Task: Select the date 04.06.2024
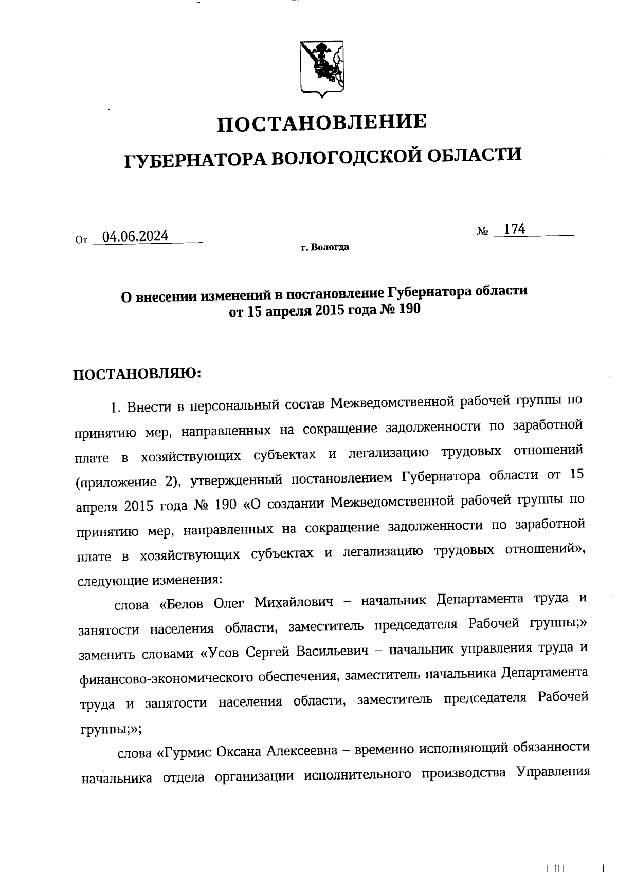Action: pyautogui.click(x=135, y=236)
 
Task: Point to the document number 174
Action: pyautogui.click(x=514, y=229)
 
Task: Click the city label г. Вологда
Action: pyautogui.click(x=325, y=248)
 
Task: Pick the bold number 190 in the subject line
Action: pyautogui.click(x=409, y=310)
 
